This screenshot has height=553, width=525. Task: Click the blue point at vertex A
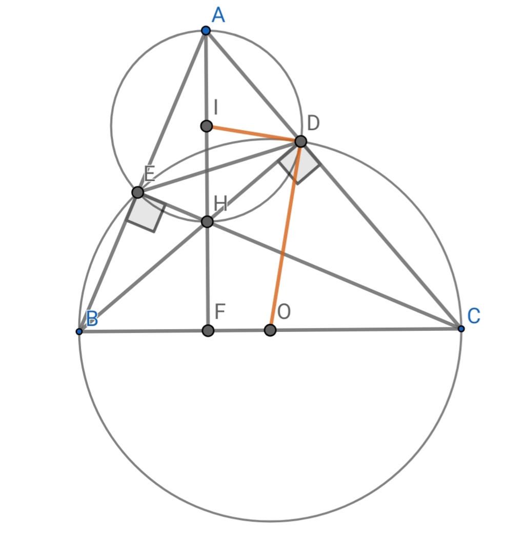206,31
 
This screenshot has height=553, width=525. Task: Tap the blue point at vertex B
79,331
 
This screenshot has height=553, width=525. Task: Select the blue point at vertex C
461,328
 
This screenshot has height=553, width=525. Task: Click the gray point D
301,141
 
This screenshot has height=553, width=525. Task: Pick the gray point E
137,192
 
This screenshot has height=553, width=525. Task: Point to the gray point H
207,222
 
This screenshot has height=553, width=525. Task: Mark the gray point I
206,126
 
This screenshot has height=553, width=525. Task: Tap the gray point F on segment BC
208,330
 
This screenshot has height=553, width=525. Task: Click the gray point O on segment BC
270,330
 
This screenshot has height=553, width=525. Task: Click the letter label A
218,15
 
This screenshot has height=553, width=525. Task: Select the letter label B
92,319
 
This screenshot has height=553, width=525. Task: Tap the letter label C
474,316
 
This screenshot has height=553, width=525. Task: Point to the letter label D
313,123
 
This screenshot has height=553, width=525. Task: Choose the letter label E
149,175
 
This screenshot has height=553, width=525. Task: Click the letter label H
220,204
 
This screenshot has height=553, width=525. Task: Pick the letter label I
216,108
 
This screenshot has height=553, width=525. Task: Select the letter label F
220,311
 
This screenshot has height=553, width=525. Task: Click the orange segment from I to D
254,133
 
